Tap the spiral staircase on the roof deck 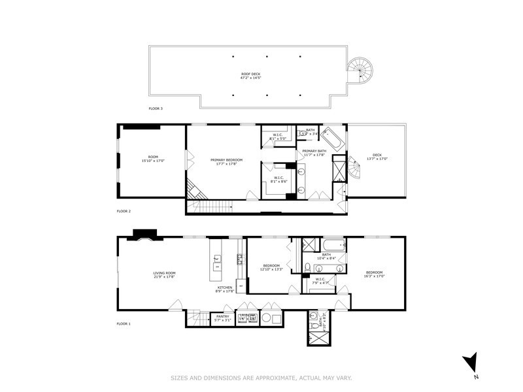pos(358,69)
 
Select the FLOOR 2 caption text pos(124,211)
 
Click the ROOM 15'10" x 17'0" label pos(153,159)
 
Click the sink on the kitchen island pos(216,259)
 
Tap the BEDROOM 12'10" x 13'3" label pos(271,268)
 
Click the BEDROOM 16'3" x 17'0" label pos(375,274)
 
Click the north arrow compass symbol pos(470,363)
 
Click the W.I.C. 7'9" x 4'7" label pos(320,282)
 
